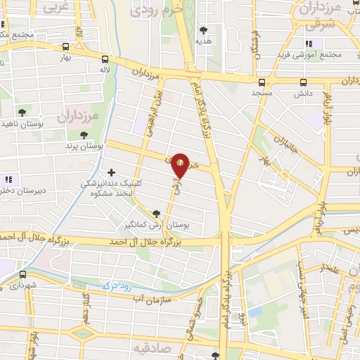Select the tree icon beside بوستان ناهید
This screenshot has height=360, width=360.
pos(21,112)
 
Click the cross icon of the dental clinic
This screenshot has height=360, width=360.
pos(111,172)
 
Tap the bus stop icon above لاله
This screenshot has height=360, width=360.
pos(105,60)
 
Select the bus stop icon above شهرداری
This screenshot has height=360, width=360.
pos(23,274)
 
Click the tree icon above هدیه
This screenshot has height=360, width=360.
pos(204,30)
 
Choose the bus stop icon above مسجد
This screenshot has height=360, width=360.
pos(262,82)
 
